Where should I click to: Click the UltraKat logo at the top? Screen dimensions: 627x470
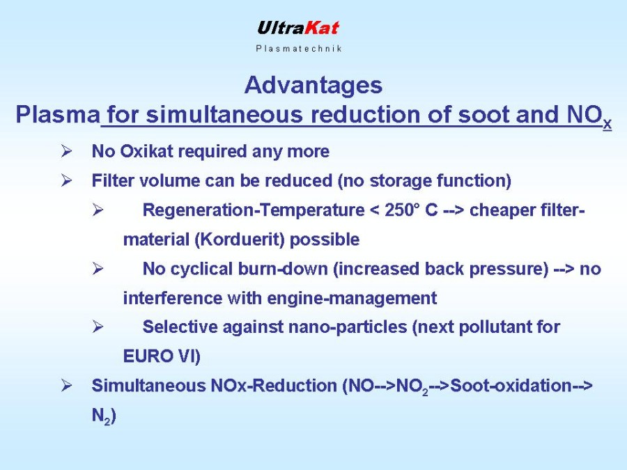[x=298, y=28]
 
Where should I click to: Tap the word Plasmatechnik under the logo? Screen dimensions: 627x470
[x=299, y=48]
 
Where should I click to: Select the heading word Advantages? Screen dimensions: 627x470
[x=313, y=86]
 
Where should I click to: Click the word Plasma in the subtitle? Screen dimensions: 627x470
[x=58, y=114]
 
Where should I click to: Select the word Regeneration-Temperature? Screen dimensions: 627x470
[x=254, y=210]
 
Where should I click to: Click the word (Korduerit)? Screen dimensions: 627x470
[x=240, y=240]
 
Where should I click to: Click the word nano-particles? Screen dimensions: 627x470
[x=348, y=327]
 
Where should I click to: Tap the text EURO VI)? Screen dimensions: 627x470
[x=162, y=356]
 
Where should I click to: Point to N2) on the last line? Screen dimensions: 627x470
[x=104, y=416]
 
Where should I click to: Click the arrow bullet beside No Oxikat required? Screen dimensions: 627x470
[x=66, y=152]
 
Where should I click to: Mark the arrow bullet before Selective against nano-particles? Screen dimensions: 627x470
[x=98, y=327]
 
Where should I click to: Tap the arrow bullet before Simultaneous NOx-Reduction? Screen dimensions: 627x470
[x=66, y=386]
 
